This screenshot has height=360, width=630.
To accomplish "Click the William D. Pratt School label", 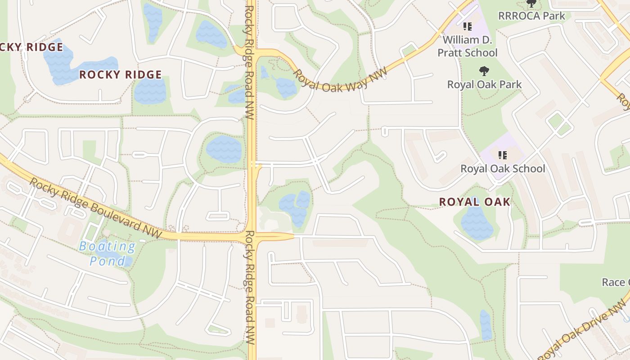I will point(468,46).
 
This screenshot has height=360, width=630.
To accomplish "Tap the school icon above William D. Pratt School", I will point(467,27).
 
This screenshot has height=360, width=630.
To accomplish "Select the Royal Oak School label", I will point(503,169).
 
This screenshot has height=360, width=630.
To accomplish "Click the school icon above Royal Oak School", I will point(503,155).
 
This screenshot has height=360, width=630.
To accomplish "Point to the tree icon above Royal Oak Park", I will point(484,71).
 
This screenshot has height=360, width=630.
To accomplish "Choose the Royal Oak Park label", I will point(484,84).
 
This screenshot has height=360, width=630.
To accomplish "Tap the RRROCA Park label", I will point(531,16).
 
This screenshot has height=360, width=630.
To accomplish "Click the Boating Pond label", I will point(107,253).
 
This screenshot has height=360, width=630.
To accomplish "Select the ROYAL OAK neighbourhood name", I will point(475,202).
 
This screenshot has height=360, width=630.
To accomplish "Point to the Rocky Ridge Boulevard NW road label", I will point(96,207).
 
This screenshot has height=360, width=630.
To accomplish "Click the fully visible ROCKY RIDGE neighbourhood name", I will point(121,75).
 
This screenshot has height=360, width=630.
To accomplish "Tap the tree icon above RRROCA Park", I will point(531,4).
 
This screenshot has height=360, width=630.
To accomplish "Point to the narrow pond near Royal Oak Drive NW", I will point(485,325).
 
